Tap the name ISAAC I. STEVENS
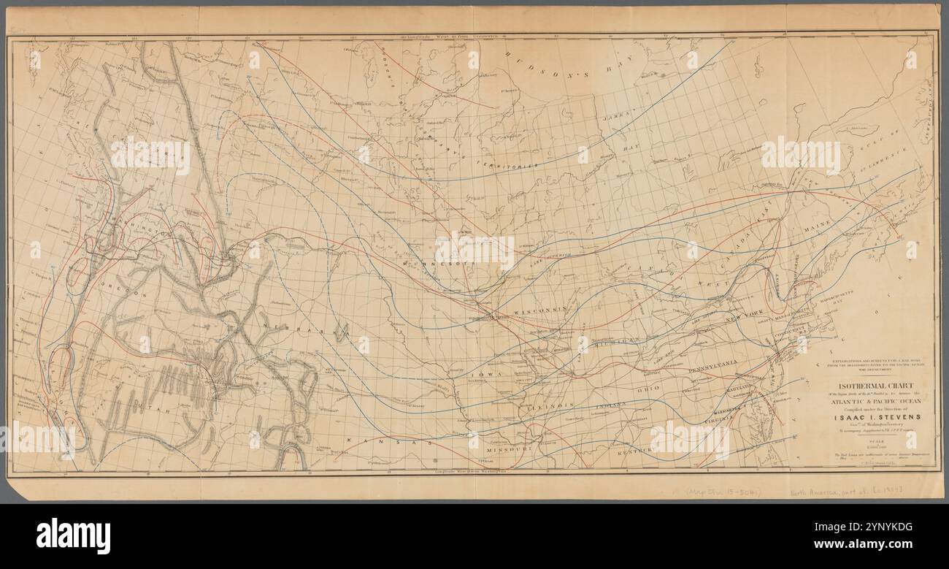(x=873, y=418)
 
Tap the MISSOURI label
(x=504, y=450)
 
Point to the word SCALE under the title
(x=873, y=442)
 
